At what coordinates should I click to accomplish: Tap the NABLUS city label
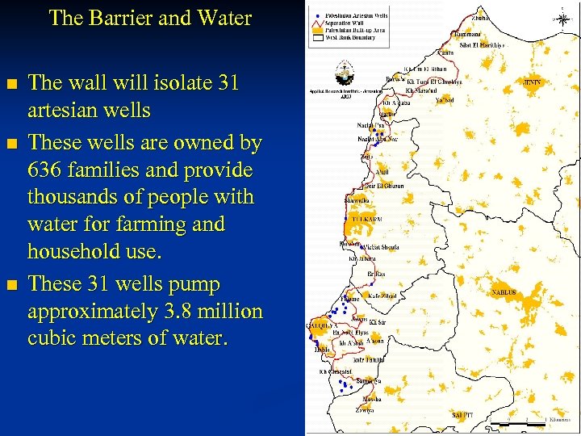tap(504, 291)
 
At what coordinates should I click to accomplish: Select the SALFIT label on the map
tap(464, 415)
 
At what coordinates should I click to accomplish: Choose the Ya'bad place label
tap(445, 100)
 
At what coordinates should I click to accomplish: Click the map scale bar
tap(525, 421)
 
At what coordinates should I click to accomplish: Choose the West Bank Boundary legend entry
tap(350, 36)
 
